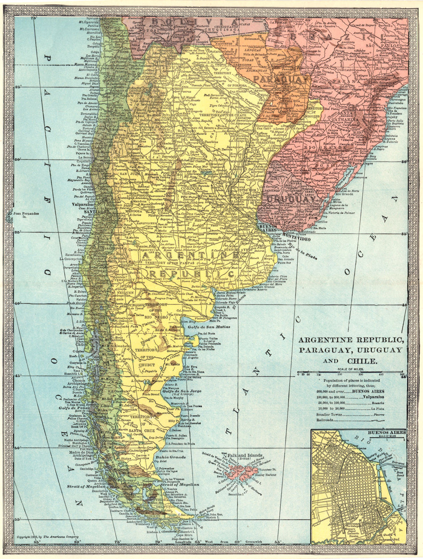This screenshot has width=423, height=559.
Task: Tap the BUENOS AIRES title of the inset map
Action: (x=386, y=433)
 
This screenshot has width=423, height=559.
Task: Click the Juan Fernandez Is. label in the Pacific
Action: (x=26, y=216)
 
